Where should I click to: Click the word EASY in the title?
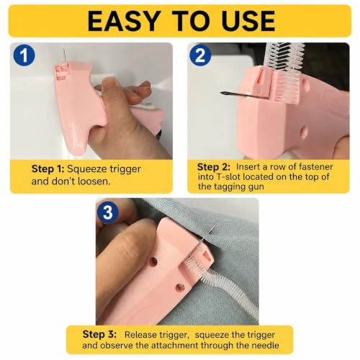(x=124, y=21)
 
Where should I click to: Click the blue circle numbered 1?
(x=24, y=55)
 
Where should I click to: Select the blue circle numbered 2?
(x=200, y=55)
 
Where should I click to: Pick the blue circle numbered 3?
(x=107, y=212)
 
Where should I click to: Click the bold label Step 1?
(x=48, y=169)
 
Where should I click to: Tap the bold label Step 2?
(x=213, y=167)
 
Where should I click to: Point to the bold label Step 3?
(x=99, y=334)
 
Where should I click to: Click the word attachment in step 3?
(x=177, y=346)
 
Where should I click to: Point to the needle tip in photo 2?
(x=221, y=93)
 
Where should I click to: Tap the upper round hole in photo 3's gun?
(x=153, y=261)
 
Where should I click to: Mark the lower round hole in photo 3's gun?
(x=180, y=287)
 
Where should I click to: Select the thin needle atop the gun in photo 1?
(x=64, y=55)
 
